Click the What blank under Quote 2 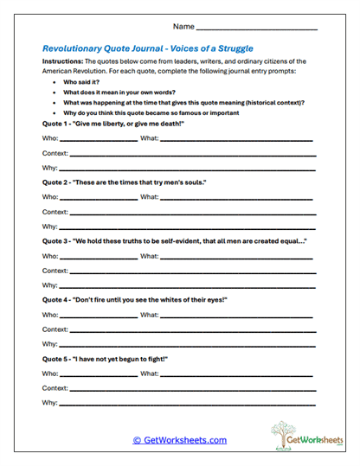click(x=237, y=197)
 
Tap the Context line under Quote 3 click(x=191, y=271)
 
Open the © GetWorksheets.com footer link click(x=179, y=440)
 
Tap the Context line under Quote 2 click(x=191, y=212)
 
